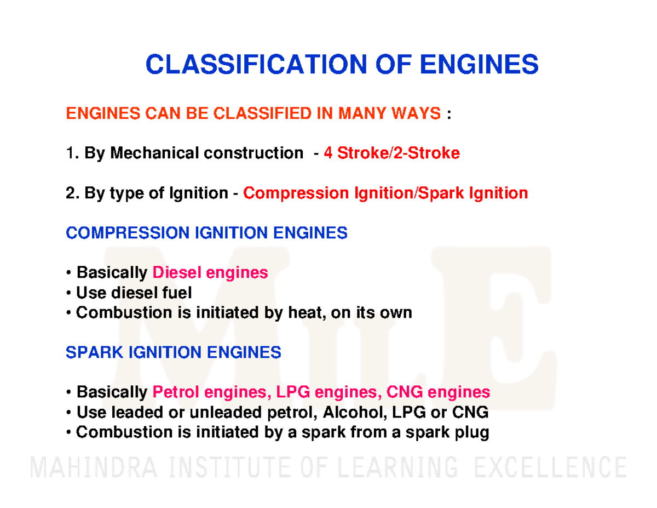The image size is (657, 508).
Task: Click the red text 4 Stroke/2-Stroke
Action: pyautogui.click(x=391, y=153)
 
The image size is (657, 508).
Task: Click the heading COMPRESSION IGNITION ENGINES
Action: pyautogui.click(x=206, y=233)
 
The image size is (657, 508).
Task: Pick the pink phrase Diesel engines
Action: pyautogui.click(x=210, y=272)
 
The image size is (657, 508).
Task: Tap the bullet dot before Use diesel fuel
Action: pyautogui.click(x=68, y=293)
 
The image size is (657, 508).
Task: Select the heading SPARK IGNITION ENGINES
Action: pyautogui.click(x=174, y=352)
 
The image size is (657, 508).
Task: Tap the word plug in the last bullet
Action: pyautogui.click(x=471, y=432)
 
